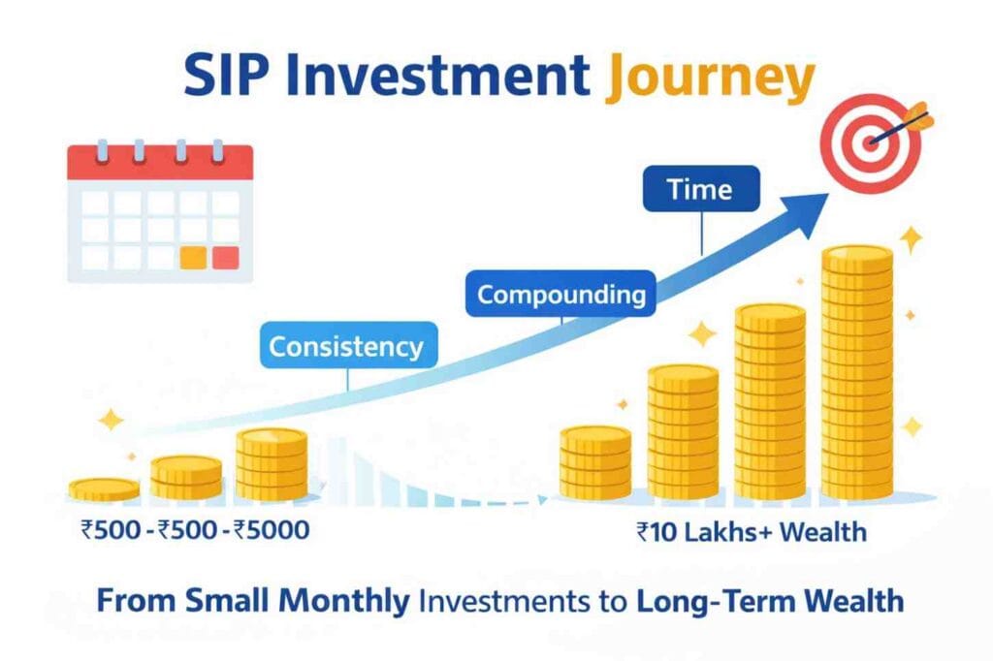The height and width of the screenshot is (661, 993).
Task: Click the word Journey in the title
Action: click(x=710, y=79)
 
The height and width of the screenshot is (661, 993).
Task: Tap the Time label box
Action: click(x=700, y=189)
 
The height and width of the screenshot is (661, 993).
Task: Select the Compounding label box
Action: click(x=561, y=294)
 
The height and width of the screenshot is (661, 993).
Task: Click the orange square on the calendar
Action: click(x=194, y=258)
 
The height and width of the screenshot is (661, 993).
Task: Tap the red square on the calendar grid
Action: click(x=225, y=258)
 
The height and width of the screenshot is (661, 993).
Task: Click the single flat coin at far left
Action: click(x=104, y=488)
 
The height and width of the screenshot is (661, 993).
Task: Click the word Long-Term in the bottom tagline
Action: click(x=705, y=601)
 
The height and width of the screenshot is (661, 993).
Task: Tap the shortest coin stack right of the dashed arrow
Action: click(x=595, y=462)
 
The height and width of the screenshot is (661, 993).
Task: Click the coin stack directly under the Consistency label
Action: click(x=272, y=465)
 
